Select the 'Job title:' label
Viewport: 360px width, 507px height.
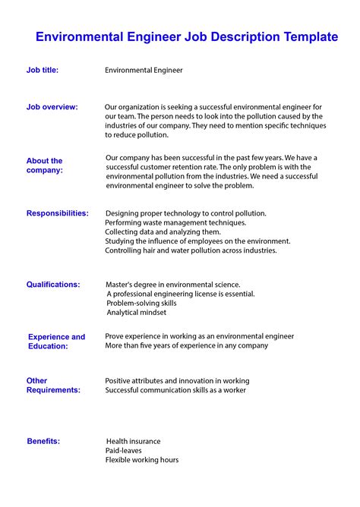tap(43, 70)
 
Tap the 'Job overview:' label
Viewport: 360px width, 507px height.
tap(52, 107)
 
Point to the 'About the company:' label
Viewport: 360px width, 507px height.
tap(45, 165)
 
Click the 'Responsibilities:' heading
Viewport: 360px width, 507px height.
tap(57, 213)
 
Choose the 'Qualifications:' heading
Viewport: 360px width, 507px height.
tap(53, 285)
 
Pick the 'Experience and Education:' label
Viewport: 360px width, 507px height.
tap(56, 341)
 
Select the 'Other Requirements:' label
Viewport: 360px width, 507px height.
tap(53, 385)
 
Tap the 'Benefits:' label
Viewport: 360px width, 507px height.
tap(43, 441)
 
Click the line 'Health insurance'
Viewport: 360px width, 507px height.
tap(133, 441)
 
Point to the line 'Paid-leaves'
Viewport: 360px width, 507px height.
tap(124, 450)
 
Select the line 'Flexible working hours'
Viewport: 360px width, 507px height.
tap(142, 460)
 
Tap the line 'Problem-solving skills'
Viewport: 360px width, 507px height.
tap(141, 303)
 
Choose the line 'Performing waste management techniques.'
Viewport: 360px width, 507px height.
tap(175, 222)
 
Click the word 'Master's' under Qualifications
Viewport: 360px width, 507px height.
tap(122, 285)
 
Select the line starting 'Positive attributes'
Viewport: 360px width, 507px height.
tap(177, 380)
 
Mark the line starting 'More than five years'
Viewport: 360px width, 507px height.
tap(186, 345)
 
